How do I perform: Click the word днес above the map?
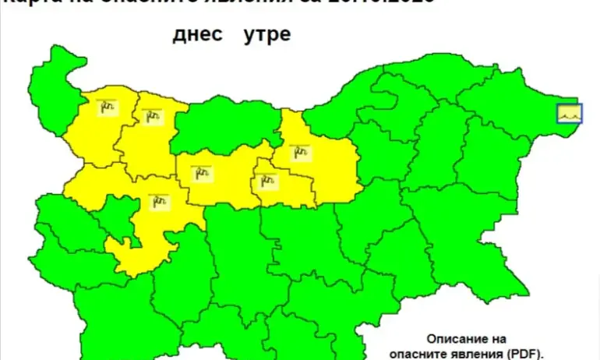click(x=198, y=35)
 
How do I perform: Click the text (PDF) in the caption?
click(x=524, y=352)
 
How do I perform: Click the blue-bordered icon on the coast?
click(x=569, y=115)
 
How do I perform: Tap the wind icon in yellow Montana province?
click(x=107, y=108)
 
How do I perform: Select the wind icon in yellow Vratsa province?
click(x=151, y=116)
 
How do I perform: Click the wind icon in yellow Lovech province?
click(x=203, y=172)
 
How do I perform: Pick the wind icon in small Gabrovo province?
click(x=267, y=182)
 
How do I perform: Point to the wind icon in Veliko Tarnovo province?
click(x=298, y=151)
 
